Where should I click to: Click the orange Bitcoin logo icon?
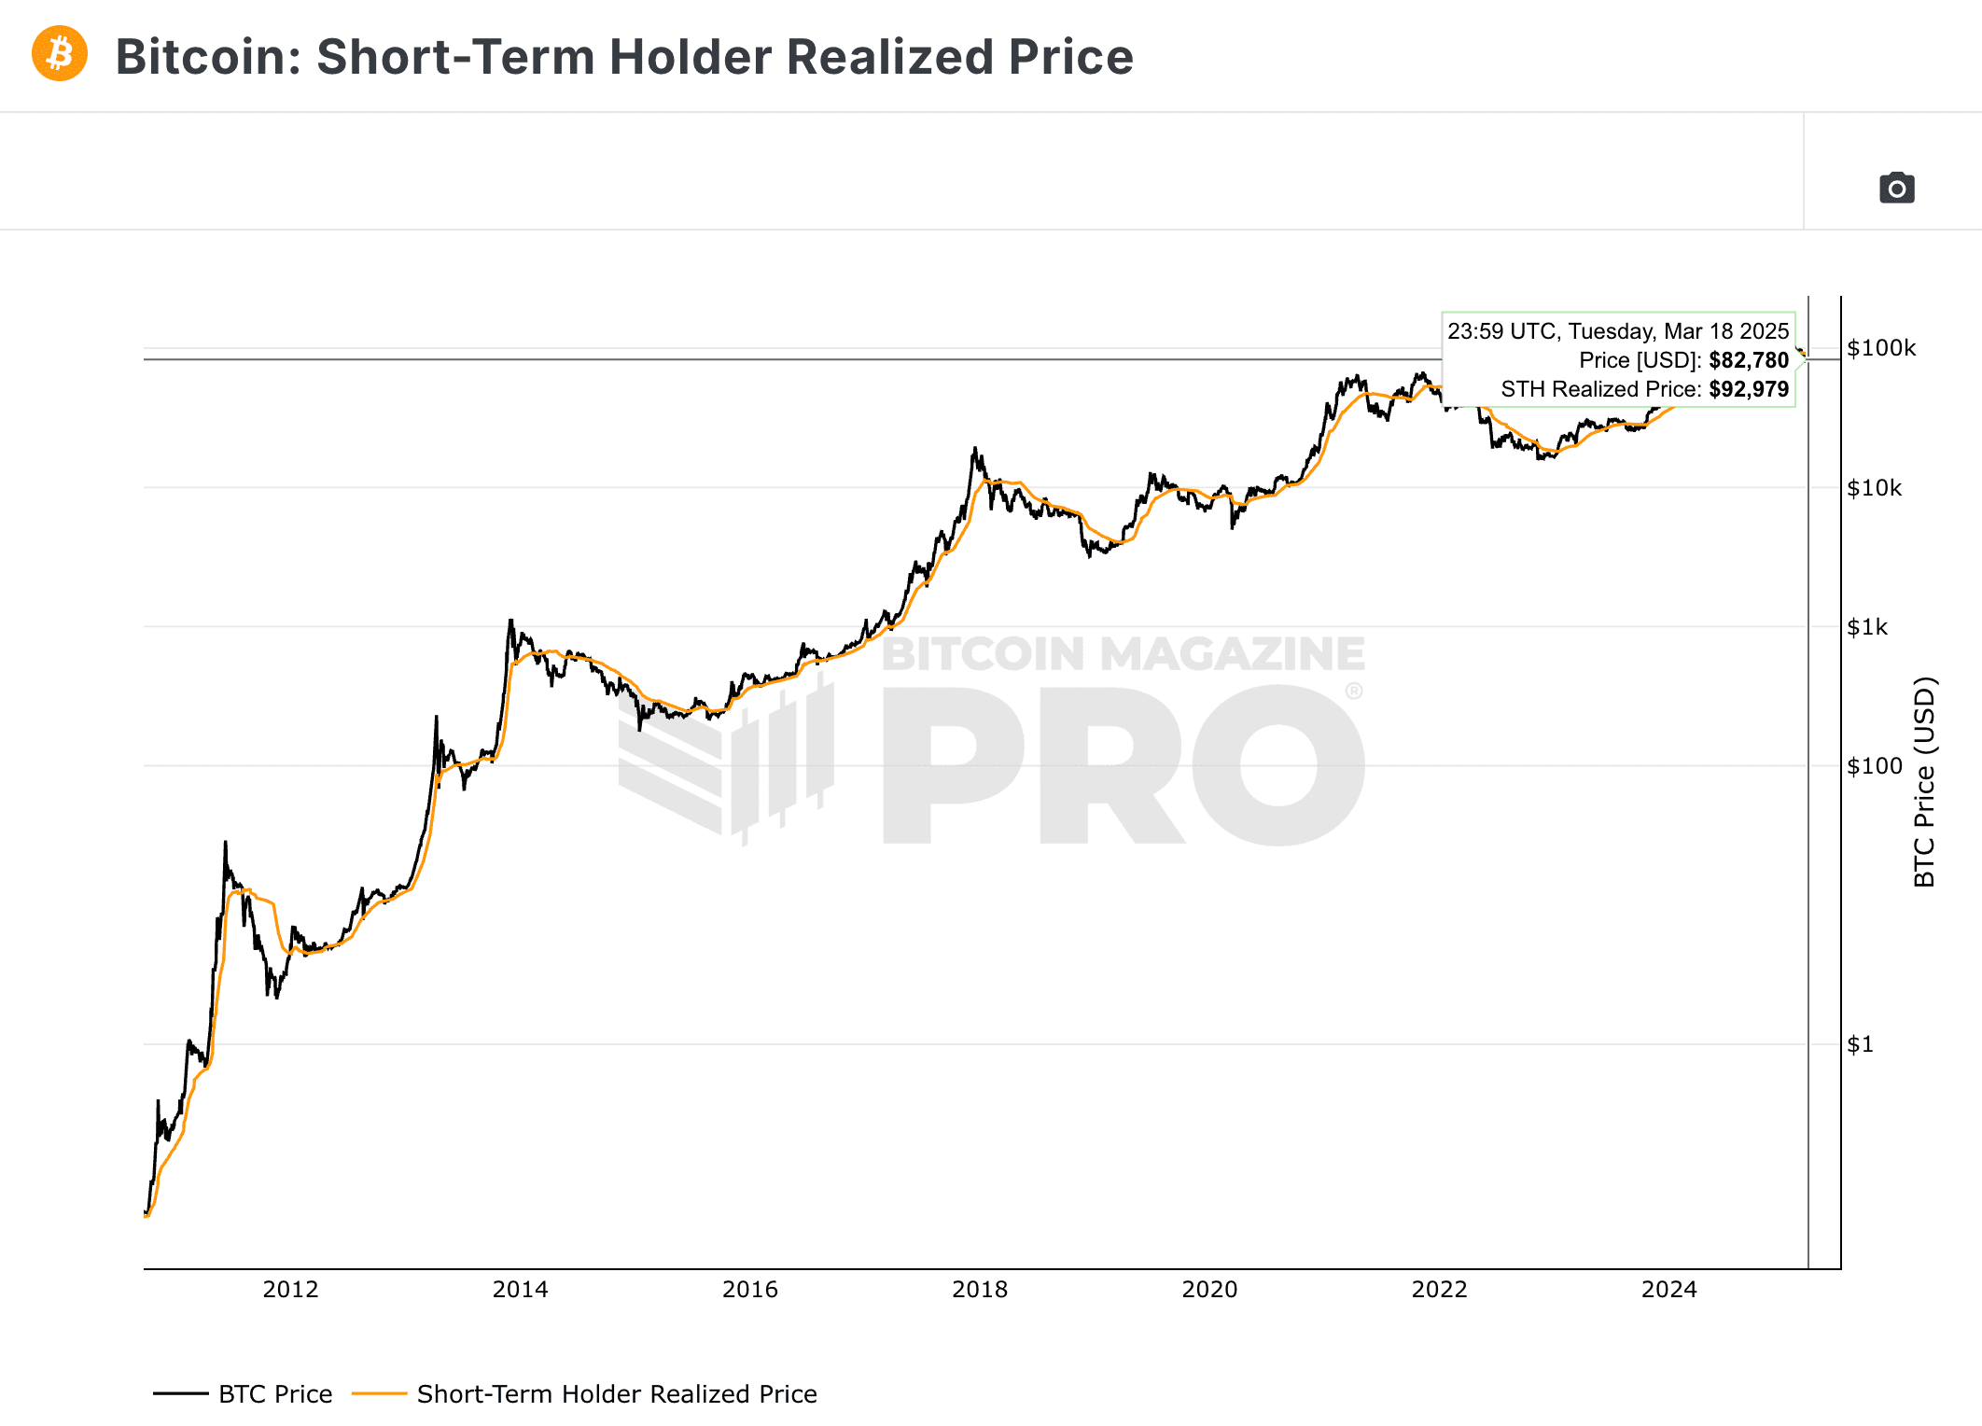click(x=60, y=54)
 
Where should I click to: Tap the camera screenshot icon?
click(x=1896, y=189)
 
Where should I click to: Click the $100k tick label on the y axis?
click(x=1880, y=348)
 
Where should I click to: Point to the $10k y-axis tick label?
click(x=1874, y=488)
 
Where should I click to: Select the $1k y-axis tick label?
click(x=1866, y=627)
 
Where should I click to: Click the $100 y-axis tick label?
click(x=1874, y=766)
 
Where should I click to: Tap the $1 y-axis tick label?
click(x=1860, y=1044)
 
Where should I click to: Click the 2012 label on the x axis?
click(x=290, y=1290)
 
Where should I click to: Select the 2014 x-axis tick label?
click(x=520, y=1290)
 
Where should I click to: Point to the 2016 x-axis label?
click(x=749, y=1290)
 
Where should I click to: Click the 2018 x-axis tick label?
click(x=980, y=1290)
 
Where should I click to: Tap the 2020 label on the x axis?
click(x=1209, y=1290)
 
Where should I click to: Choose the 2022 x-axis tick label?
click(x=1439, y=1290)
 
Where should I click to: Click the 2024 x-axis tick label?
click(x=1668, y=1290)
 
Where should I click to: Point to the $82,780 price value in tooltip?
click(x=1748, y=360)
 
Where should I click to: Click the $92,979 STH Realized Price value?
click(x=1748, y=389)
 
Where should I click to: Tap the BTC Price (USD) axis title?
click(x=1924, y=781)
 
